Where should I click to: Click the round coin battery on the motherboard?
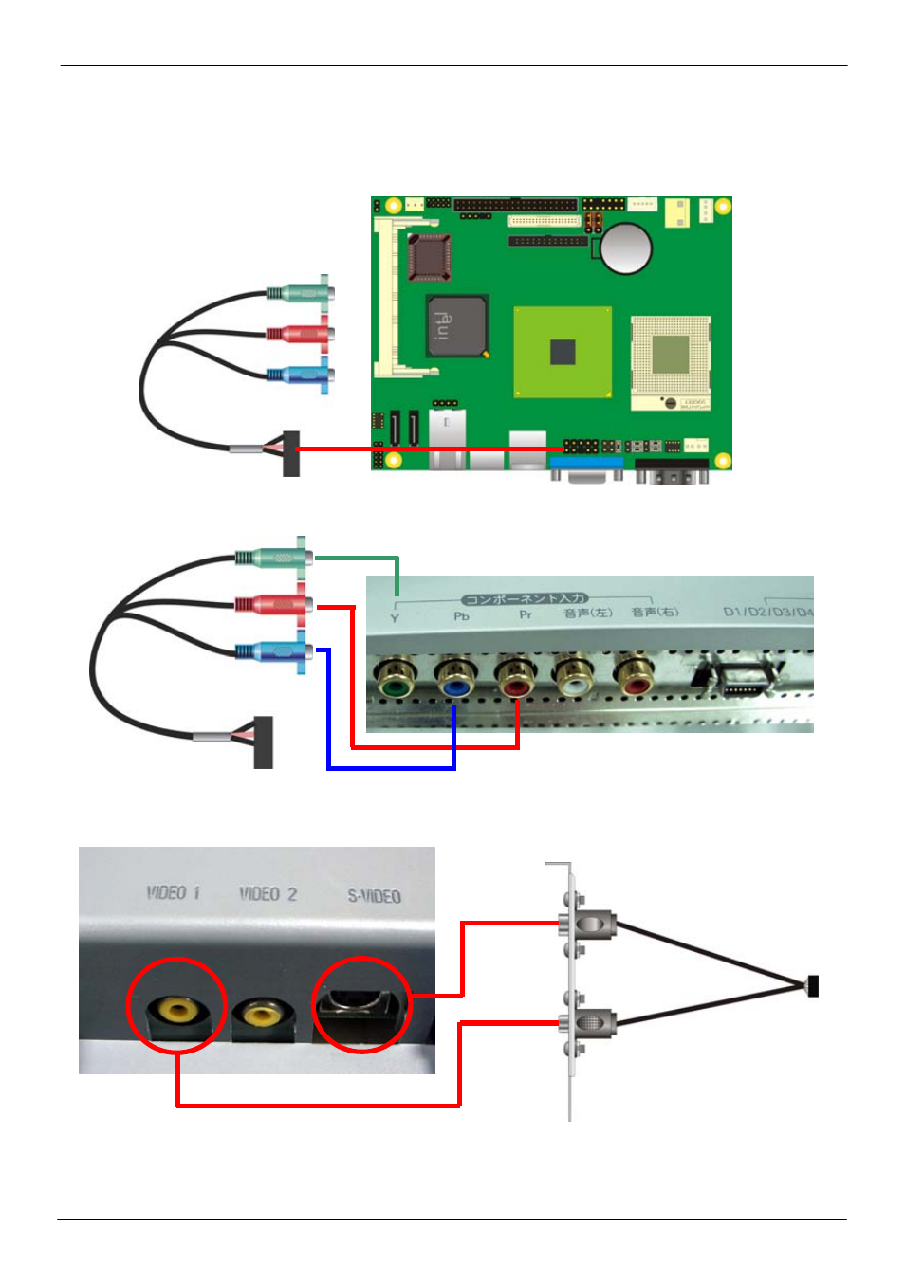[626, 247]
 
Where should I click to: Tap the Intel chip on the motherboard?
[456, 326]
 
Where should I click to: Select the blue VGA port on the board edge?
[586, 466]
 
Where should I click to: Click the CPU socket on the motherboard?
[671, 357]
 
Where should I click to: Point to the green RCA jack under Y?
[393, 679]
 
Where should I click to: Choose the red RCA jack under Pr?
[515, 680]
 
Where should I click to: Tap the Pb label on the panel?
[461, 616]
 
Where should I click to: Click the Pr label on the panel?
[525, 615]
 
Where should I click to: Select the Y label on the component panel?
[395, 618]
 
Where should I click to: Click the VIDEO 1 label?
[173, 893]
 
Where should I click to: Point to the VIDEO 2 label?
[268, 894]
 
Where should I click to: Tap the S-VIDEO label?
[374, 896]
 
